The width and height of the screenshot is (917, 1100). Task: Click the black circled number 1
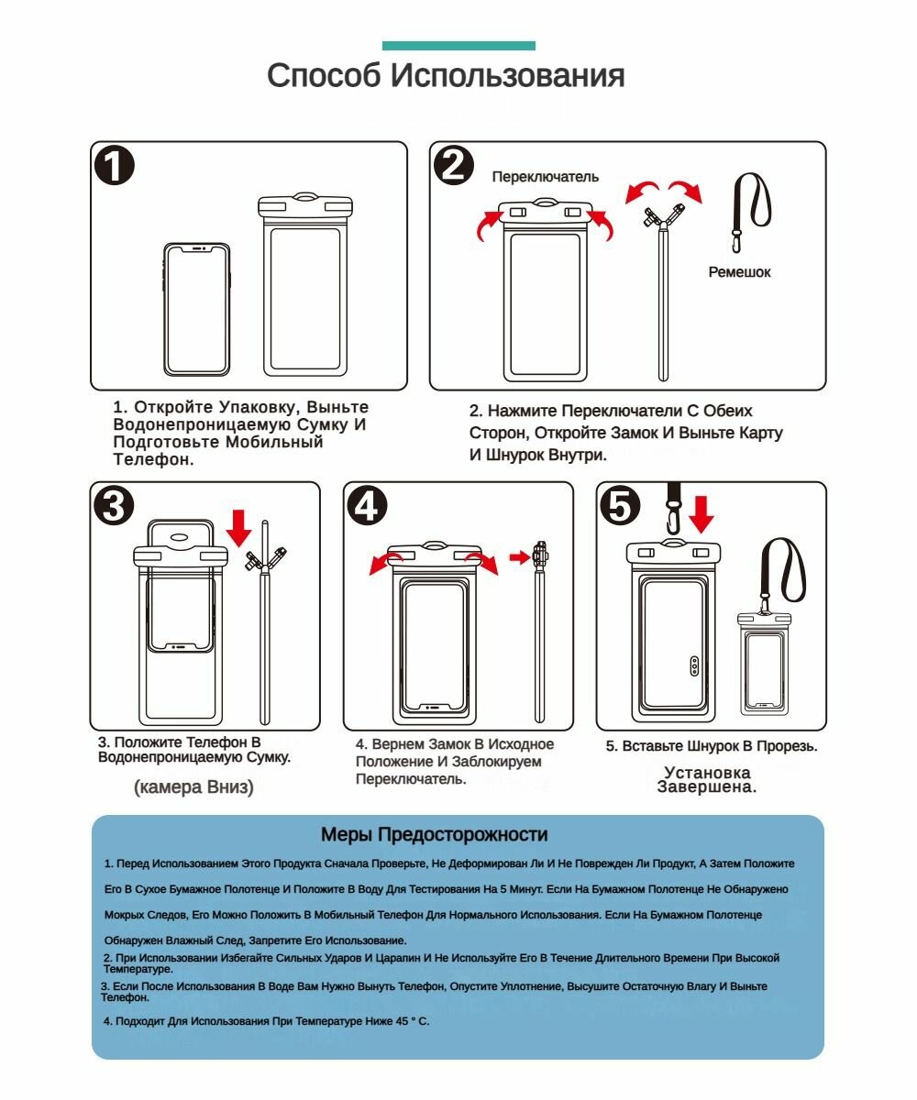click(x=115, y=165)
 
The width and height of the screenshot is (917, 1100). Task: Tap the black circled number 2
click(x=454, y=165)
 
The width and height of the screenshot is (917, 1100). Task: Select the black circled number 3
click(x=114, y=506)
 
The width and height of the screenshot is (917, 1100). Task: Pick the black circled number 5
click(x=620, y=506)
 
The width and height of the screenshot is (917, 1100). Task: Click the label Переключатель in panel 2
click(x=545, y=177)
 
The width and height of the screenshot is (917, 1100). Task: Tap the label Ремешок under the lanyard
click(x=739, y=272)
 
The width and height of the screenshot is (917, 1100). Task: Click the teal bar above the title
click(x=458, y=46)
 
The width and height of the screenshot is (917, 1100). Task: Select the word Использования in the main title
click(x=507, y=75)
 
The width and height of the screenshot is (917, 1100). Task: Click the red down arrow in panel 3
click(x=238, y=527)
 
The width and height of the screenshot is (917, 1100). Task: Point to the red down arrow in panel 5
click(x=701, y=514)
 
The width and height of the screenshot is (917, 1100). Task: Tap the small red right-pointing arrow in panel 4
click(x=520, y=556)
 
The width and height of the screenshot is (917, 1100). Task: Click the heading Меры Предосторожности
click(x=435, y=834)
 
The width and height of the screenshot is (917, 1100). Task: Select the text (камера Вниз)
click(x=193, y=787)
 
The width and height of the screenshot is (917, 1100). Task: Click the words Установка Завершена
click(x=706, y=780)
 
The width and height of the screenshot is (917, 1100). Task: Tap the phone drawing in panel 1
click(x=196, y=309)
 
